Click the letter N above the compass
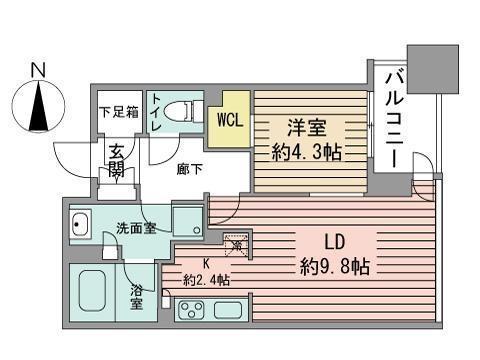click(x=38, y=69)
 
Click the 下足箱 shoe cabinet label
click(x=117, y=112)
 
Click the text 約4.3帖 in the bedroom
click(x=307, y=154)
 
